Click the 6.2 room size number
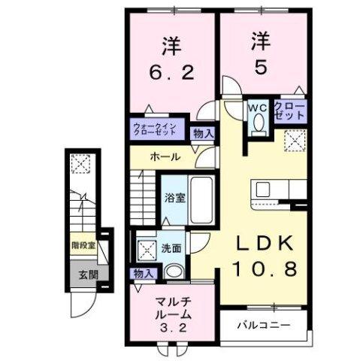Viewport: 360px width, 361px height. click(171, 73)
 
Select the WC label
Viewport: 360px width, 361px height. click(259, 108)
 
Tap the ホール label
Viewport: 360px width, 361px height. click(165, 157)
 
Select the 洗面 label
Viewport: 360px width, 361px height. click(170, 249)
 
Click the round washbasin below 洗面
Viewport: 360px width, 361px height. click(174, 273)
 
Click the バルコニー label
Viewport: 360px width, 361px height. click(264, 326)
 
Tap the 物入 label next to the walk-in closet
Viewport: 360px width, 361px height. click(202, 133)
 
